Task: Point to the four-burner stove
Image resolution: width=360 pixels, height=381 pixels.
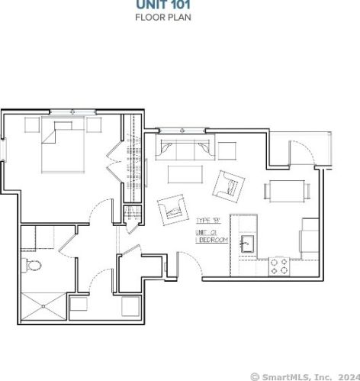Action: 278,266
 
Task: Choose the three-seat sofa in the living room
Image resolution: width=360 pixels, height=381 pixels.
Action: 181,150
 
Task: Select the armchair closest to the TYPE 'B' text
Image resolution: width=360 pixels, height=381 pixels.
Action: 173,208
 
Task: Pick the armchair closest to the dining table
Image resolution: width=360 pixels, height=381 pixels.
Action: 230,184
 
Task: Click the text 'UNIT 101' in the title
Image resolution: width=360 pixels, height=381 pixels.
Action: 162,5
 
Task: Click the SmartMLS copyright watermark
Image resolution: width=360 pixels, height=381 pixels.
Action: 304,376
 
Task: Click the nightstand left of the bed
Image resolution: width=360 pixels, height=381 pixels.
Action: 34,124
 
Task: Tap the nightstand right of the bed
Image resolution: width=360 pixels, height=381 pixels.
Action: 94,124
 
